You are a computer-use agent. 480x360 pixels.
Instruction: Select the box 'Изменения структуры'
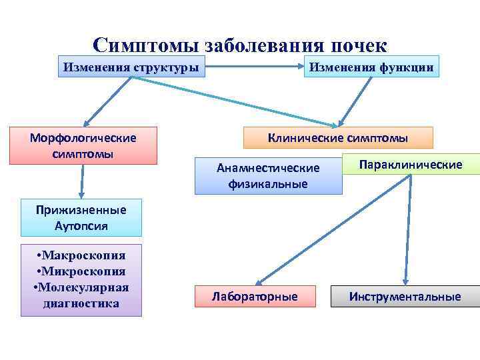pos(131,67)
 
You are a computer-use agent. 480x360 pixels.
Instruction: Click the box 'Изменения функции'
pos(371,67)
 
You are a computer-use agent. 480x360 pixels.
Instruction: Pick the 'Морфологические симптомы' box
pos(83,145)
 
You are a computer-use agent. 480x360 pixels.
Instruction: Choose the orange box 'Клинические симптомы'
pos(338,138)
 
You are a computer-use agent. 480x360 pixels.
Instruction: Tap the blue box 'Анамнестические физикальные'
pos(268,175)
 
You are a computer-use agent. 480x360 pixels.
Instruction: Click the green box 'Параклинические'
pos(411,164)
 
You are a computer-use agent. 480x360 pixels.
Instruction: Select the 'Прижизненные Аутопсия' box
pos(81,217)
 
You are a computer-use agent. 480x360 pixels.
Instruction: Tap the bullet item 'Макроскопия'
pos(81,256)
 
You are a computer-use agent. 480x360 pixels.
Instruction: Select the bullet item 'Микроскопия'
pos(81,271)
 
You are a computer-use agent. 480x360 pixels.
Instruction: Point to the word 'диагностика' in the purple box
pos(81,303)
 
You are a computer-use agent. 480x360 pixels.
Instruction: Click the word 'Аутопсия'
pos(81,225)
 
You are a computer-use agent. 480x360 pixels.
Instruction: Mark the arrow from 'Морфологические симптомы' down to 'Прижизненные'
pos(82,181)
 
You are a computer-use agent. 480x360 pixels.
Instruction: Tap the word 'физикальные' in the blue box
pos(268,183)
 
